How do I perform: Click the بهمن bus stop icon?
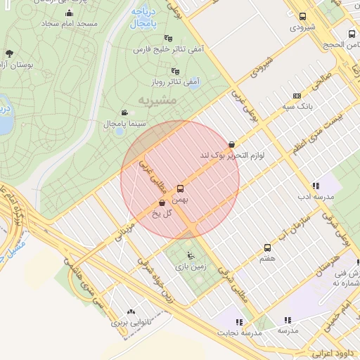tap(180, 188)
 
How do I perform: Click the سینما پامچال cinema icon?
tap(124, 112)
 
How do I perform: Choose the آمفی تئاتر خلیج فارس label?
tap(168, 51)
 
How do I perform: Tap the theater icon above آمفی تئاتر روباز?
tap(175, 71)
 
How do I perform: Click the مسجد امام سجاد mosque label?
tap(70, 24)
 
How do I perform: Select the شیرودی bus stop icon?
tap(302, 17)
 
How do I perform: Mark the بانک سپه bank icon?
tap(297, 96)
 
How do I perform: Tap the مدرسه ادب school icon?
tap(316, 186)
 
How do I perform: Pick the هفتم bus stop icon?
tap(267, 247)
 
